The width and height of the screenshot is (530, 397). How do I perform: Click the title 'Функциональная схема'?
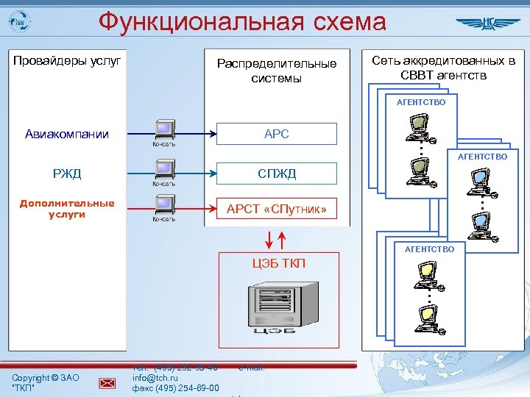242,22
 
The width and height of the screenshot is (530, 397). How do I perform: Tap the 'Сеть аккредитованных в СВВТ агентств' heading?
443,68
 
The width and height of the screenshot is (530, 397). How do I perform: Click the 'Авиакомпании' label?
67,134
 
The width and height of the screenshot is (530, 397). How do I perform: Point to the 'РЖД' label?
67,174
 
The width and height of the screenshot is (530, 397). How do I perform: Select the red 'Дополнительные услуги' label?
67,209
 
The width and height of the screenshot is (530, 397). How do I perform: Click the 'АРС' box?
276,134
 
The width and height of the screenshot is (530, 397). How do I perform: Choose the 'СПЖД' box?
276,174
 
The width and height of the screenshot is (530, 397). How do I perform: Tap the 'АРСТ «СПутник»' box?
276,210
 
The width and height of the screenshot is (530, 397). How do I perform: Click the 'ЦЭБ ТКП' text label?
278,264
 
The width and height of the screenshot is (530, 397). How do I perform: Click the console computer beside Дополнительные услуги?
163,206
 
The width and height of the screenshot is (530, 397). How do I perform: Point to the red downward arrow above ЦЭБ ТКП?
269,240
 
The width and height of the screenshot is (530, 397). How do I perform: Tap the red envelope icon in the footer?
107,382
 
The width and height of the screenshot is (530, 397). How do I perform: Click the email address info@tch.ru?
152,379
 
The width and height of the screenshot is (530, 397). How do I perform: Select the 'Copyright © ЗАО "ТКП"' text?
46,382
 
